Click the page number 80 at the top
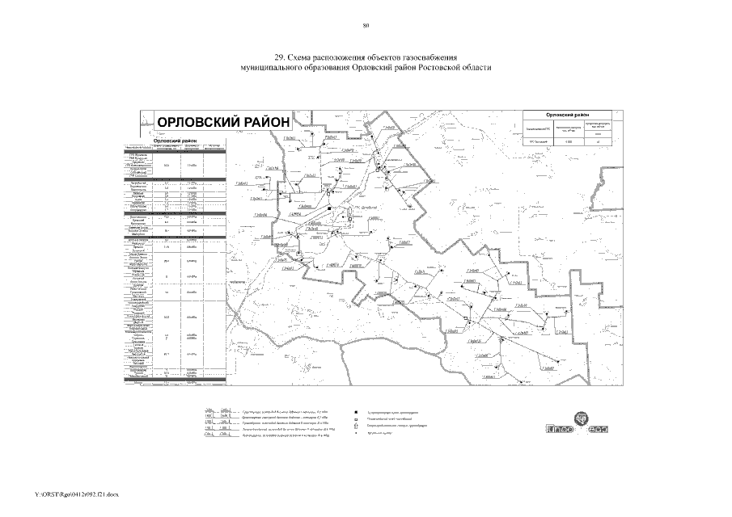tap(366, 27)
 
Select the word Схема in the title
tap(306, 58)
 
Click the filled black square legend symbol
tap(355, 412)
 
